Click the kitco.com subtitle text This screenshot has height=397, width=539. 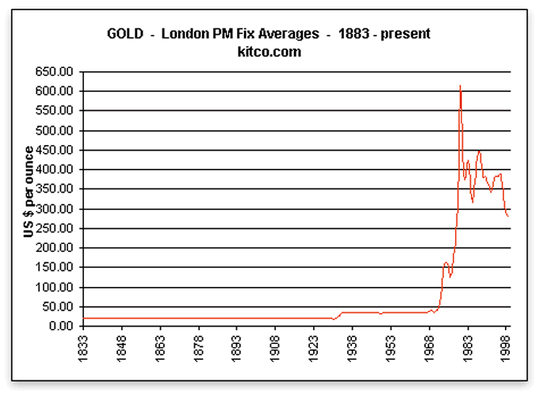[270, 52]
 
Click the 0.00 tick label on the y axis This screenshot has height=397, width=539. [60, 326]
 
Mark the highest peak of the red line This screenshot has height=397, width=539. [461, 86]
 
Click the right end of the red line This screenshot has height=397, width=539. [508, 216]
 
